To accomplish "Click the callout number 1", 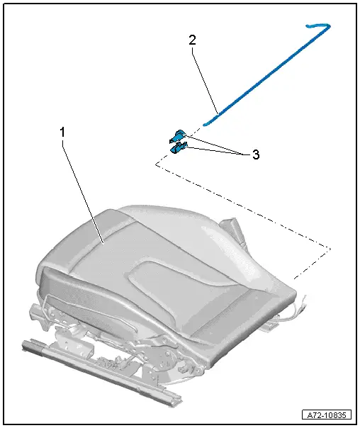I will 62,133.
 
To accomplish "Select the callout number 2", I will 191,41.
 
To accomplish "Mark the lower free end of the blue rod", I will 206,123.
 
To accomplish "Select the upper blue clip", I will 179,136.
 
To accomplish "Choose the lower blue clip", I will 180,147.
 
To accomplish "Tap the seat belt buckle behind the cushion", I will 232,227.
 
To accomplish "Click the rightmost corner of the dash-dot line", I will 331,249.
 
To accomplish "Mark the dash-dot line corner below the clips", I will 155,164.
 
